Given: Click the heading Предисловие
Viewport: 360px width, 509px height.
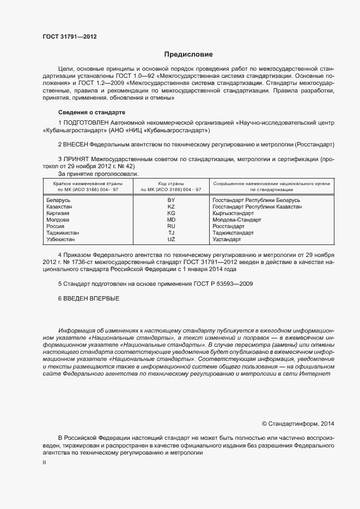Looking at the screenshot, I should (x=188, y=54).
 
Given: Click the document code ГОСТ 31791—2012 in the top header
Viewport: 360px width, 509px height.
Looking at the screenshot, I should (x=70, y=37).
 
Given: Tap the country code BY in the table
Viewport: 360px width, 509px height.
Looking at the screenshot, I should (x=171, y=200).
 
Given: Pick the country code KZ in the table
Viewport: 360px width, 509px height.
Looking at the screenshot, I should (x=171, y=207).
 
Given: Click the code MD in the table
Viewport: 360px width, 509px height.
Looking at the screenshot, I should (x=171, y=220).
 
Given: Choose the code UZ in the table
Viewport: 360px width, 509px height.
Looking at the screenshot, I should (x=171, y=239).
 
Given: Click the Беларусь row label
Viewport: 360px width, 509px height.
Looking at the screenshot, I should (x=59, y=200).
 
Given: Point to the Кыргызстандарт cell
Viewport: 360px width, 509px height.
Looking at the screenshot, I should (x=233, y=213).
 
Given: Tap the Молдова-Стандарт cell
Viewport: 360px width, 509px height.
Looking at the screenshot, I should (x=237, y=220).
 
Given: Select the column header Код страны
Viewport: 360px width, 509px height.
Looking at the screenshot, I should (x=171, y=184).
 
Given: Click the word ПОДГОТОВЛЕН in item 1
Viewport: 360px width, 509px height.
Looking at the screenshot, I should (x=83, y=123).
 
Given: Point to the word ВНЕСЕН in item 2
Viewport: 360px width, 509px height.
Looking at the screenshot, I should (x=75, y=145).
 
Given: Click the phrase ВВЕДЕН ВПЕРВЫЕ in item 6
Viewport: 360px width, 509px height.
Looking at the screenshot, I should (x=91, y=299).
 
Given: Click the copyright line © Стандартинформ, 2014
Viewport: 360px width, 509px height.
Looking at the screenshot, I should (x=298, y=423).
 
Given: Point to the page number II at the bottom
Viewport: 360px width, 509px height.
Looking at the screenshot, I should (x=44, y=462).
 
